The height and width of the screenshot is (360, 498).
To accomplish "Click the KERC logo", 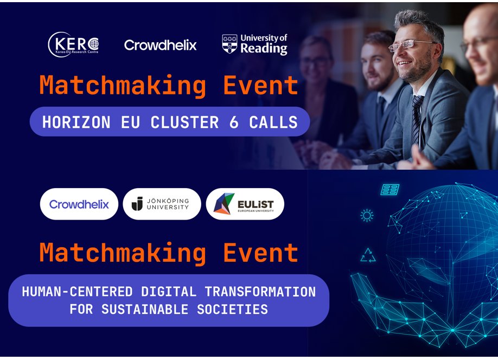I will (x=73, y=44).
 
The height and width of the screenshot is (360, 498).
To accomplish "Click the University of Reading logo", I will (x=254, y=44).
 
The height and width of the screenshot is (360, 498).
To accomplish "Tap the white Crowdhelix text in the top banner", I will (x=160, y=45).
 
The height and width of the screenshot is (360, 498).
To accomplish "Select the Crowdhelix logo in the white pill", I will (x=79, y=204).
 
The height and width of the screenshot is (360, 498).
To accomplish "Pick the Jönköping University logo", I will (x=162, y=204).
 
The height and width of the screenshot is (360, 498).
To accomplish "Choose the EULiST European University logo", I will (x=245, y=204).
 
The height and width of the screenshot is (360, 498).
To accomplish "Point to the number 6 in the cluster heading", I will (x=234, y=122).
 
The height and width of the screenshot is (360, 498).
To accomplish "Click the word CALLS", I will (x=273, y=122).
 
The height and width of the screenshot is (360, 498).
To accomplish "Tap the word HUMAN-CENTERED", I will (x=77, y=292).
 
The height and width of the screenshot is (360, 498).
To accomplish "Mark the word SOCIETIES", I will (x=239, y=310).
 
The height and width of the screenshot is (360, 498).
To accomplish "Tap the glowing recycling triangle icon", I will (x=368, y=255).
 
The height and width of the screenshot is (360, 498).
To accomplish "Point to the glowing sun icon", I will (x=367, y=216).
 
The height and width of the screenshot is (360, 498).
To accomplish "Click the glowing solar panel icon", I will (x=390, y=189).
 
